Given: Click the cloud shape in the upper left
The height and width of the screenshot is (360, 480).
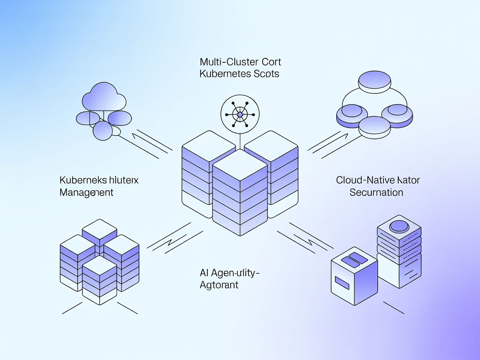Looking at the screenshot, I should tap(104, 97).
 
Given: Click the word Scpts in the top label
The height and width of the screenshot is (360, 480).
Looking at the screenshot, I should tap(265, 74).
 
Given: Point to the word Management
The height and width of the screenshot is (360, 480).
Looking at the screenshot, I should tap(87, 192).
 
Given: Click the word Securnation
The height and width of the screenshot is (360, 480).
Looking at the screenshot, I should tap(376, 192).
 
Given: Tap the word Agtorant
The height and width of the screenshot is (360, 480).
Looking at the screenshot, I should tap(219, 285).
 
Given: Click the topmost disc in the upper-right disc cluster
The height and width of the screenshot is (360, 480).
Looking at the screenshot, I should tap(374, 80).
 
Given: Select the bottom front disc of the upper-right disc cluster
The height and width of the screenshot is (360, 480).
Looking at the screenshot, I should tap(374, 126).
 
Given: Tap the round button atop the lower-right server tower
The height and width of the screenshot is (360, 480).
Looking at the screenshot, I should tap(399, 226).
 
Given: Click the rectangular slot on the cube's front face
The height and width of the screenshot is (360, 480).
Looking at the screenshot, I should tap(342, 283).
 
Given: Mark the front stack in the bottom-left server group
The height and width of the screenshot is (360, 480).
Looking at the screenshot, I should tap(100, 279).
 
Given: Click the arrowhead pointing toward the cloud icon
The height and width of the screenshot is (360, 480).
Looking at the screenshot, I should tap(135, 135).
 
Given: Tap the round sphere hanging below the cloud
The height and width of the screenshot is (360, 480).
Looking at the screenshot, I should tap(102, 130).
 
